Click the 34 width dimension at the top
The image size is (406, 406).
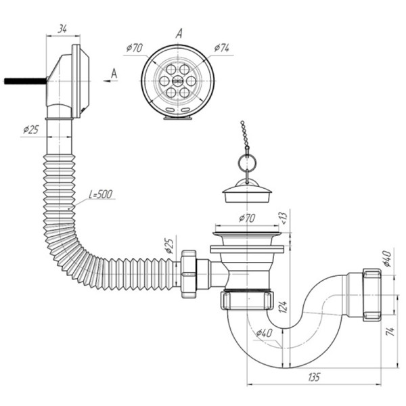(x=62, y=28)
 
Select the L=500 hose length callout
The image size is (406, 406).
(x=101, y=195)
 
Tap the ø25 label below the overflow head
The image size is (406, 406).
(x=30, y=129)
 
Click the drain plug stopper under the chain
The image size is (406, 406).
(x=247, y=196)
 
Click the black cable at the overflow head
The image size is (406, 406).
(x=24, y=80)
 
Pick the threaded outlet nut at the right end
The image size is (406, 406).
(x=370, y=294)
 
